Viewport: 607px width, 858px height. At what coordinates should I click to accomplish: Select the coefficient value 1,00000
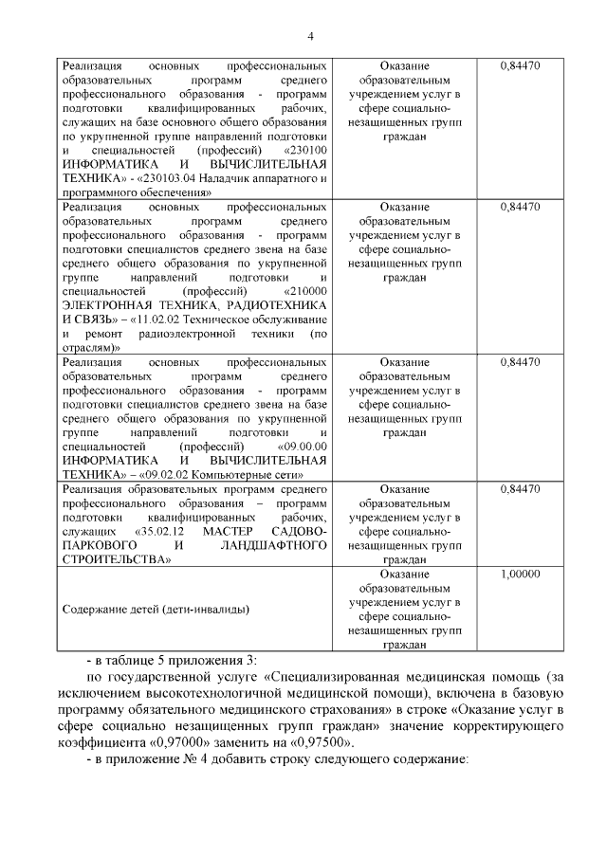[x=519, y=575]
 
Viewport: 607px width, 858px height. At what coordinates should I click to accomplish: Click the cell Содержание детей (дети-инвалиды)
[x=156, y=609]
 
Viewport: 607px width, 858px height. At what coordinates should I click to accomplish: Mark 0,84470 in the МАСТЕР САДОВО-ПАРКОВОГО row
[x=519, y=489]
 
